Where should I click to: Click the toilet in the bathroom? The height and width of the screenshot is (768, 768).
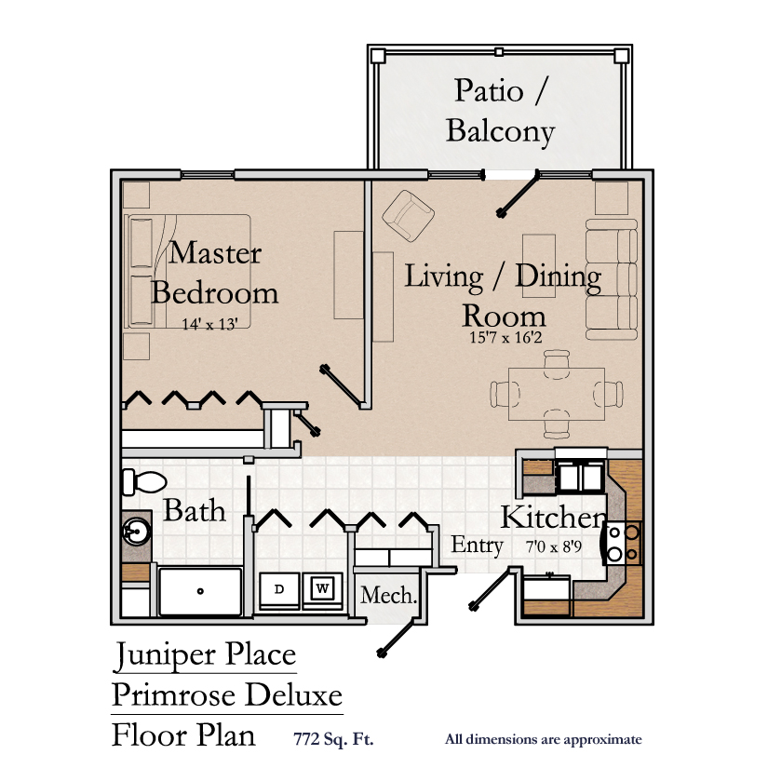click(142, 482)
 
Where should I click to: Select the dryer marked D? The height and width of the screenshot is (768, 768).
click(279, 588)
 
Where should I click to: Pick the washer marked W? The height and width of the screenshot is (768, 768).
click(322, 588)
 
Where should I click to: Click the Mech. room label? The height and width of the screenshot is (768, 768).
click(387, 595)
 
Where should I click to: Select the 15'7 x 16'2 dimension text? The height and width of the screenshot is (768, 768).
click(505, 337)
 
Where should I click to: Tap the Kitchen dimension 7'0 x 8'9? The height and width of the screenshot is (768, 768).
click(556, 546)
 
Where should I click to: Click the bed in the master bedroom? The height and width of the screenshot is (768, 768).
click(187, 271)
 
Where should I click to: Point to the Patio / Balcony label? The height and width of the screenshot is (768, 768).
click(500, 111)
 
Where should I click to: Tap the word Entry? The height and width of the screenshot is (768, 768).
click(478, 545)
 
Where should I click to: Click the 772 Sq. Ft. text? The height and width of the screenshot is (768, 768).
click(334, 740)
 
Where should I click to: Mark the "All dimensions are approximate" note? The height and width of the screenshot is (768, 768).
click(544, 740)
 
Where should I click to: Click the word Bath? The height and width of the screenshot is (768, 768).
click(195, 510)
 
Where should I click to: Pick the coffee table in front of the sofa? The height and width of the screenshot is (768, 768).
click(539, 265)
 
